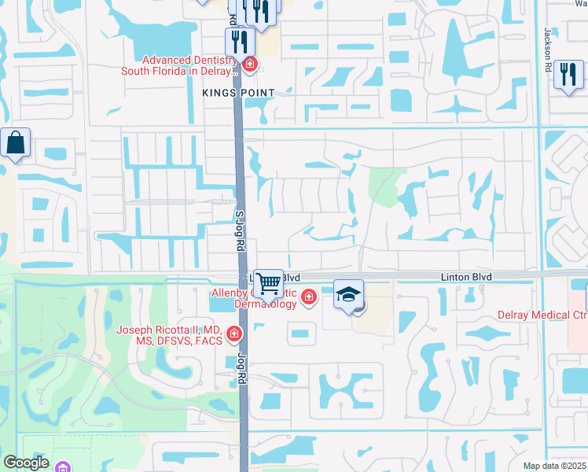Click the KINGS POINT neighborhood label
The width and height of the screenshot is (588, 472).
[238, 93]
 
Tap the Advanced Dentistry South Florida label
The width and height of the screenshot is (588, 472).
[178, 65]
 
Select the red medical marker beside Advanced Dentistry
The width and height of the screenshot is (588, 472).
[250, 64]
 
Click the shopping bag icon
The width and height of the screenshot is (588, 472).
[16, 143]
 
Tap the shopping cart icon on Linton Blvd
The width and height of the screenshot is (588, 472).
[268, 282]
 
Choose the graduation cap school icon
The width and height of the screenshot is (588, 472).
[348, 294]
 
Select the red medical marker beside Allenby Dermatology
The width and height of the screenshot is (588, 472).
[309, 297]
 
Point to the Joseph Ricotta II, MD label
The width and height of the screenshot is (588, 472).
[167, 335]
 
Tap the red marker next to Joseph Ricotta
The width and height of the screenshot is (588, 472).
[233, 335]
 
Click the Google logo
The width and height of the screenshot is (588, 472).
[25, 463]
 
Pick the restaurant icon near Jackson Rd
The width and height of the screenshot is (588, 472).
[568, 75]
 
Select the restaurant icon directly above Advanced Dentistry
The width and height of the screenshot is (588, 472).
[237, 42]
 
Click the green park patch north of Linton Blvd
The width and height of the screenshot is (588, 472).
[384, 186]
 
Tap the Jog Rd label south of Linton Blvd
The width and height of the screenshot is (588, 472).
[241, 368]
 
